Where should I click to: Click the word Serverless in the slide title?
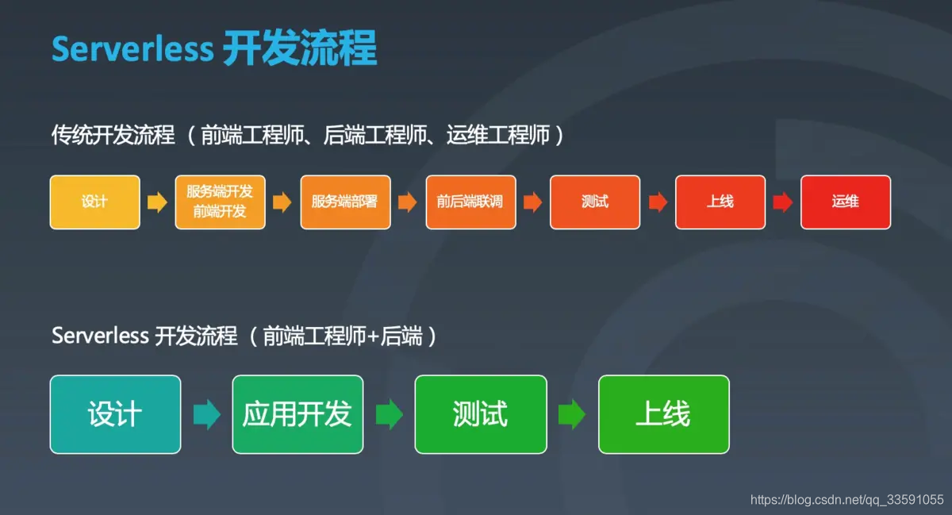[x=132, y=49]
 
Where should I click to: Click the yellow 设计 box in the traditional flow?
[x=94, y=202]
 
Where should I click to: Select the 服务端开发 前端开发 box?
[x=220, y=202]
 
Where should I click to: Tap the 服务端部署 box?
[x=345, y=202]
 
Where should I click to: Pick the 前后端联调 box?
[x=470, y=202]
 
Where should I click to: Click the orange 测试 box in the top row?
[x=595, y=202]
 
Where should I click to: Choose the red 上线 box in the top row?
[x=720, y=202]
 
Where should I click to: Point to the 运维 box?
[x=846, y=202]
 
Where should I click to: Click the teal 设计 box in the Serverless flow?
[x=115, y=414]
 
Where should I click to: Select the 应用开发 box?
[x=297, y=414]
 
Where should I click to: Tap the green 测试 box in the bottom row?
[x=481, y=414]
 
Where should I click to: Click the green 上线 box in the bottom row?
[x=663, y=414]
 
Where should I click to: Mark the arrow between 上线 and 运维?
[x=783, y=202]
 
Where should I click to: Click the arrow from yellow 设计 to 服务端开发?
[x=157, y=202]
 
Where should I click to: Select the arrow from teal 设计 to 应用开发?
[x=206, y=414]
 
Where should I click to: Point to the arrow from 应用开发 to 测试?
[x=389, y=414]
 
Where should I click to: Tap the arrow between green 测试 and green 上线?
[x=572, y=414]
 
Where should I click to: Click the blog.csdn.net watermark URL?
[x=846, y=500]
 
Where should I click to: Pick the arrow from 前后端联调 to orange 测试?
[x=532, y=202]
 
